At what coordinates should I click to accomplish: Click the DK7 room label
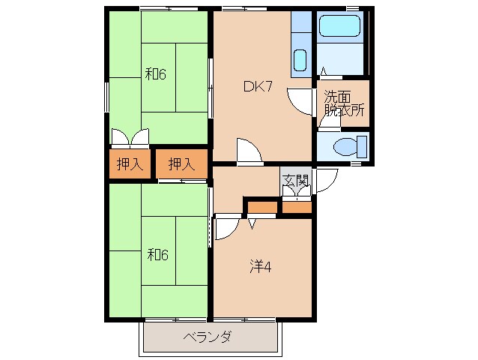pos(256,86)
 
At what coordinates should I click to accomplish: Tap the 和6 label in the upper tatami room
pos(155,74)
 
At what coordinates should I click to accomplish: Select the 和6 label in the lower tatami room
pos(157,254)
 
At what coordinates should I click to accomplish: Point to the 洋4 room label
pos(260,265)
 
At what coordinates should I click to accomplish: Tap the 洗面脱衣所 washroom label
pos(344,103)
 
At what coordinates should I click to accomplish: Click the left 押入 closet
pos(130,164)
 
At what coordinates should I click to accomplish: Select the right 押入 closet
pos(181,164)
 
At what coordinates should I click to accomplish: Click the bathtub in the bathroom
pos(340,27)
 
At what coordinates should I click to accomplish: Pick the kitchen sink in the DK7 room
pos(300,59)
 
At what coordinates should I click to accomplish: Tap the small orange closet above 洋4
pos(261,207)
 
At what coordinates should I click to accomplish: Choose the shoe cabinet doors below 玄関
pos(297,193)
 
